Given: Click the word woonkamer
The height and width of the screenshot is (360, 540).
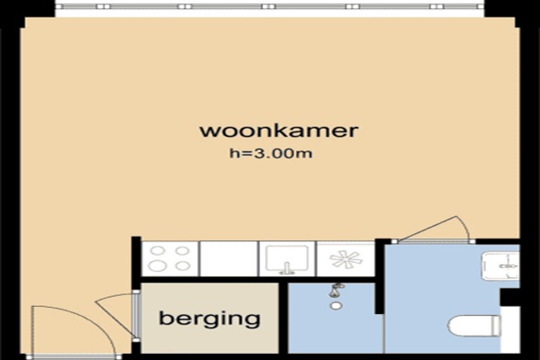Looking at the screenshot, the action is tap(279, 130).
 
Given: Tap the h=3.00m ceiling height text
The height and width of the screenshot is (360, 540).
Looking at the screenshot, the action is tap(271, 153).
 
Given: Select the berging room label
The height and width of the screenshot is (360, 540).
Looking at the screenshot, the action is tap(210, 319).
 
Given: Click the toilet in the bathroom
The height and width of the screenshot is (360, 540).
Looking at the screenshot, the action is tap(474, 326).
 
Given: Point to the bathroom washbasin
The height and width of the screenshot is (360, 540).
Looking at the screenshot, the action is tap(500, 266).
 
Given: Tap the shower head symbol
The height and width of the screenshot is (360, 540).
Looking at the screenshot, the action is tap(336, 290).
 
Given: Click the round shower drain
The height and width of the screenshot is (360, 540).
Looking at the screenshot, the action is tap(336, 306).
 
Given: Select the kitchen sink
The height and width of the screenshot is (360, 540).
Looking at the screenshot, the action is tap(286, 258).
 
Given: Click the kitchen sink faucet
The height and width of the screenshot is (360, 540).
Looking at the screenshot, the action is tap(286, 268).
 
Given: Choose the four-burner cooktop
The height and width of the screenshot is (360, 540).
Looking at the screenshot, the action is tap(170, 258).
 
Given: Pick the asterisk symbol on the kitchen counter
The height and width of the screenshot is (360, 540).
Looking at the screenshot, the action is tap(346, 258).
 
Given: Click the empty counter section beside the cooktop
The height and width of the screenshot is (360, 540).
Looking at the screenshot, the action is tap(229, 258).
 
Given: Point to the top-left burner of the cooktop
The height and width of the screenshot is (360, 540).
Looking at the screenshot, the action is tap(157, 251).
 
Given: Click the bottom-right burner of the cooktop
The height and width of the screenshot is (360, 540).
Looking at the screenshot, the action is tap(183, 266).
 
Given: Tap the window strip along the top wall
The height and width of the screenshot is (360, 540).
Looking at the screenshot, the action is tap(269, 6).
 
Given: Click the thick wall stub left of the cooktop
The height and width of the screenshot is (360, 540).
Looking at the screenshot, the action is tap(137, 256).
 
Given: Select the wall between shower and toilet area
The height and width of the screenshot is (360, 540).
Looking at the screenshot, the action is tap(379, 276).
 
